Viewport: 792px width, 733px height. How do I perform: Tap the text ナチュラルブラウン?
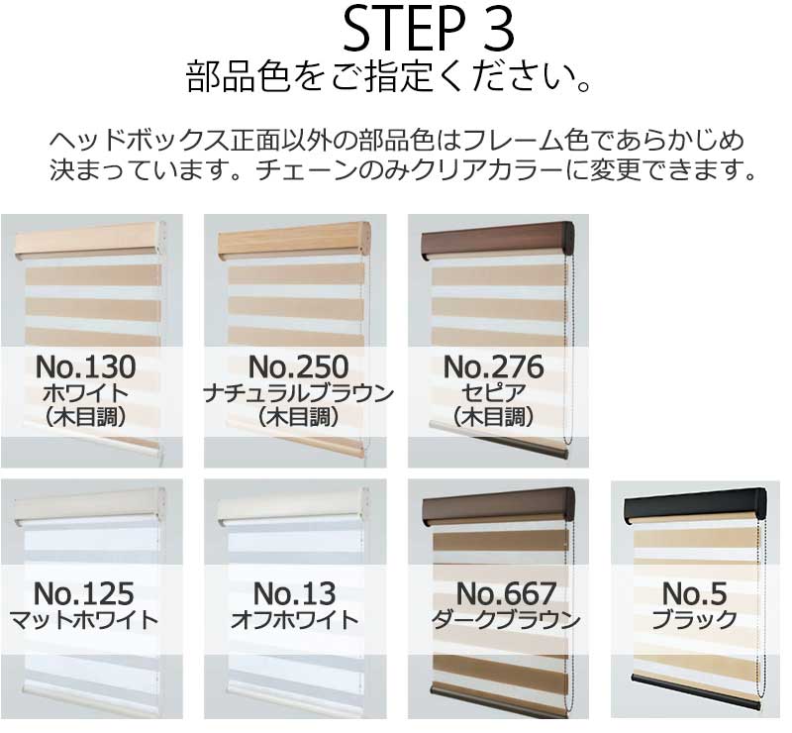(x=298, y=393)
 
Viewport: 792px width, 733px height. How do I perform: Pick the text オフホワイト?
(x=294, y=621)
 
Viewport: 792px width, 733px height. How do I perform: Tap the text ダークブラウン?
(x=505, y=621)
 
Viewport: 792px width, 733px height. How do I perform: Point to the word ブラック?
(x=695, y=621)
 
